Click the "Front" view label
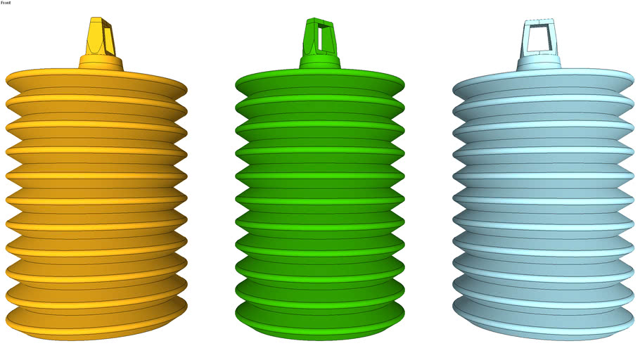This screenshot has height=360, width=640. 6,3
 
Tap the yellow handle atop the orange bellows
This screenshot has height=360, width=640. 99,37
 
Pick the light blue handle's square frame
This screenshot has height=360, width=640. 539,37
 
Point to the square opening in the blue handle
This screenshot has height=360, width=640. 539,39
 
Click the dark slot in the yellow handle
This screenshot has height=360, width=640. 108,40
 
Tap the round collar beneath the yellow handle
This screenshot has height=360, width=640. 101,63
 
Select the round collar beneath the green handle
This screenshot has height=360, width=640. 320,62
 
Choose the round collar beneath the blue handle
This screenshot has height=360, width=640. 539,63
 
